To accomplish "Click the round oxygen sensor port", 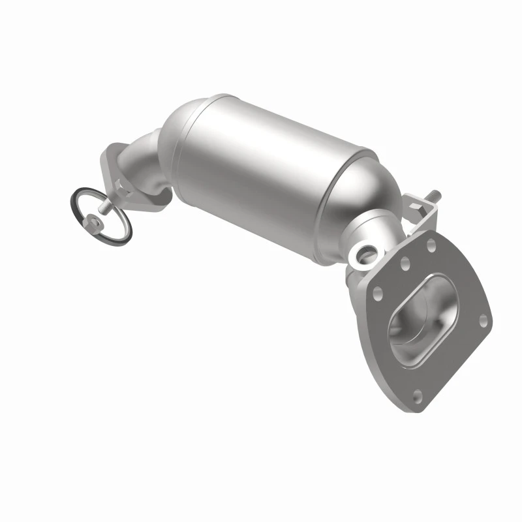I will [365, 251].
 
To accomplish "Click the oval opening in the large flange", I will [424, 313].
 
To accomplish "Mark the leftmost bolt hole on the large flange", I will [376, 293].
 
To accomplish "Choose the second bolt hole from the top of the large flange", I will [405, 263].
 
